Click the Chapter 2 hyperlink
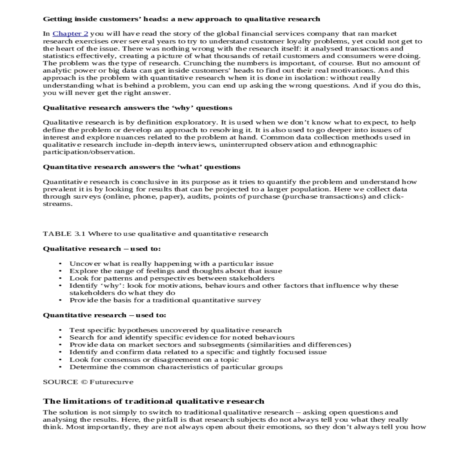tap(70, 34)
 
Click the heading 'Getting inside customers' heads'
tap(181, 19)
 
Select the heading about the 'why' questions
tap(137, 108)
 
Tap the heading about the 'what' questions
tap(141, 167)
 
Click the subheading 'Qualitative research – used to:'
tap(102, 249)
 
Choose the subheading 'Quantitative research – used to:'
tap(104, 315)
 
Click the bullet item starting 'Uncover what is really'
tap(171, 264)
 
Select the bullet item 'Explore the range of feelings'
tap(175, 271)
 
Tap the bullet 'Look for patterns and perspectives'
tap(172, 278)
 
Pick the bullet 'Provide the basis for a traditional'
tap(165, 300)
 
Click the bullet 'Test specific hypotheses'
tap(175, 330)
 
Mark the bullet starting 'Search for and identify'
tap(182, 337)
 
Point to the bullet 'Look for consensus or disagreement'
tap(154, 360)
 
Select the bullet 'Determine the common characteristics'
tap(176, 367)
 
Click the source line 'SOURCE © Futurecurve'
tap(88, 382)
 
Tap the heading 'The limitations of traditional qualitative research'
tap(153, 401)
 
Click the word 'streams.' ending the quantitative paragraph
tap(58, 204)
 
